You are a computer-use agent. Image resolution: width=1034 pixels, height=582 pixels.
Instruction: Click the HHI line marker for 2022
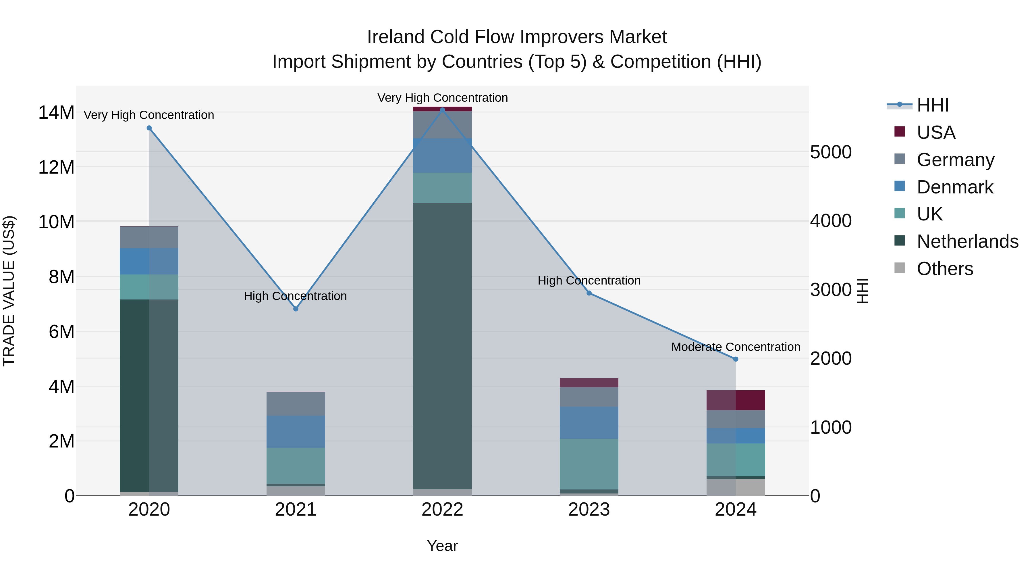pyautogui.click(x=442, y=110)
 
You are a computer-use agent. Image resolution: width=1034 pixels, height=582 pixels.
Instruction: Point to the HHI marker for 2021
pyautogui.click(x=296, y=309)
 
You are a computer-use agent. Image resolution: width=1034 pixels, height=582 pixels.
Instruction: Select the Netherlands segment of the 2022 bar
pyautogui.click(x=442, y=345)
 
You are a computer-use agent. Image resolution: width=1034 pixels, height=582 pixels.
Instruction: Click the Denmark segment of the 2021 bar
pyautogui.click(x=296, y=431)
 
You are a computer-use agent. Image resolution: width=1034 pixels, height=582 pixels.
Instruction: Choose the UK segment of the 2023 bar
pyautogui.click(x=589, y=464)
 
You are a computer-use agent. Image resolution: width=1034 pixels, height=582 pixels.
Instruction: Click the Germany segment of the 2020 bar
pyautogui.click(x=149, y=237)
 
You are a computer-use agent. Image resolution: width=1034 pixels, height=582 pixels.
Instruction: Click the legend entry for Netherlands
pyautogui.click(x=967, y=241)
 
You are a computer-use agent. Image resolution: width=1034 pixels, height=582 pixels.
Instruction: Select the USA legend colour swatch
pyautogui.click(x=900, y=132)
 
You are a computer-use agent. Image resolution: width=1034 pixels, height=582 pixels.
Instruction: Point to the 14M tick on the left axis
pyautogui.click(x=56, y=112)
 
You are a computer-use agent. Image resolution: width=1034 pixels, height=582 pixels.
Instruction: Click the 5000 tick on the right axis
pyautogui.click(x=830, y=152)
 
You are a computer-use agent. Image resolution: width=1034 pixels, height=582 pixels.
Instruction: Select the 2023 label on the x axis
pyautogui.click(x=589, y=510)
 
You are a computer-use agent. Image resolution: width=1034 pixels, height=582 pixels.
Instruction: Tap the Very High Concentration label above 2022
pyautogui.click(x=442, y=98)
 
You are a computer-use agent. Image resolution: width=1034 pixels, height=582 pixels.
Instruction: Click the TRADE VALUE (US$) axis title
pyautogui.click(x=9, y=291)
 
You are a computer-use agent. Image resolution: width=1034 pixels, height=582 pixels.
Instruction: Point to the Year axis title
pyautogui.click(x=442, y=546)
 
